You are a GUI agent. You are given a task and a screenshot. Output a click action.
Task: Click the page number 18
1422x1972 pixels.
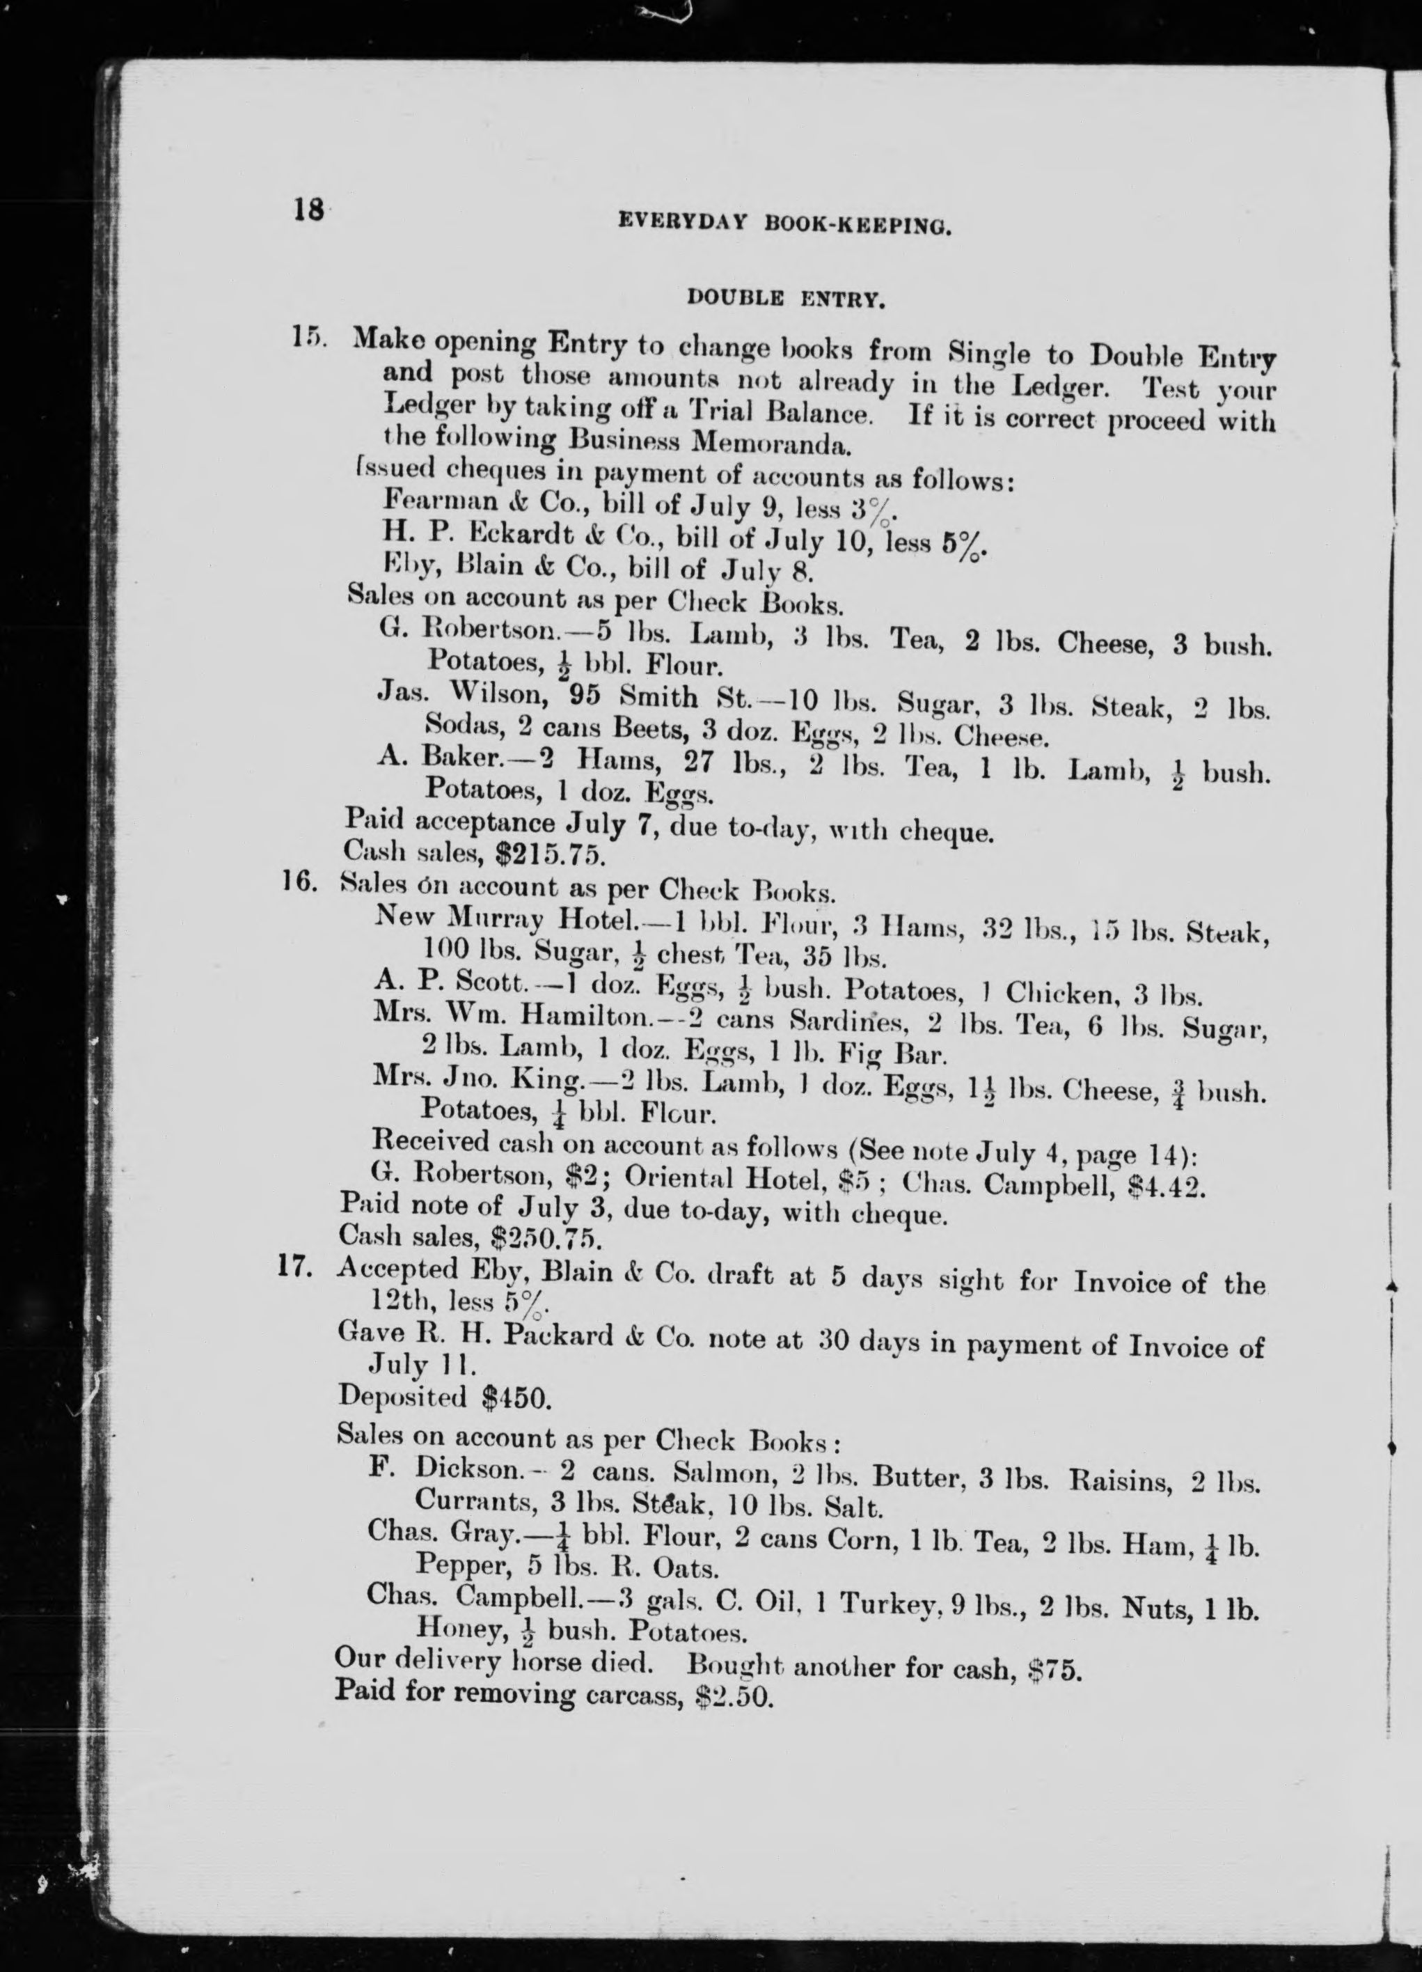[x=308, y=210]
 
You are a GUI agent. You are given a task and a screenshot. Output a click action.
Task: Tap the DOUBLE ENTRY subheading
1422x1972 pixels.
[x=786, y=300]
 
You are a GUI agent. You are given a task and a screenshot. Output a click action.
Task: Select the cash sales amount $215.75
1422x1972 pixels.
[x=549, y=854]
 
